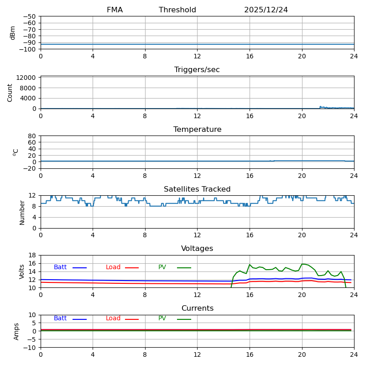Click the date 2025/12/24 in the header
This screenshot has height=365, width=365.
(x=266, y=10)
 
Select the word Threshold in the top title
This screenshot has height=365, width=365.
(x=177, y=10)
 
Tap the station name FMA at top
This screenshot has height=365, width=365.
(x=115, y=10)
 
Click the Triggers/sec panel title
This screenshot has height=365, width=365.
(x=197, y=70)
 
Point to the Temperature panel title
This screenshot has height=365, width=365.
(x=197, y=130)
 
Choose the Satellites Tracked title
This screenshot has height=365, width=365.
(x=197, y=189)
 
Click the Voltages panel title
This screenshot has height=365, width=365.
(x=197, y=249)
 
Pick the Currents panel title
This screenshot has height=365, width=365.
(x=197, y=308)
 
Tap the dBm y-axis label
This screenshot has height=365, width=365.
(x=13, y=32)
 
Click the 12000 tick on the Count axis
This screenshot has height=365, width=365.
(x=26, y=78)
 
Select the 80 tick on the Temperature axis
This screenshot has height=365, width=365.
(x=32, y=136)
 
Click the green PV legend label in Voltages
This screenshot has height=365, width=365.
(x=162, y=267)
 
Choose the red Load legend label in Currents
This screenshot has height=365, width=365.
(x=113, y=318)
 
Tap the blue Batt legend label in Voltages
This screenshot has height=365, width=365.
(x=60, y=267)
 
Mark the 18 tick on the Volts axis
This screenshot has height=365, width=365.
(x=32, y=255)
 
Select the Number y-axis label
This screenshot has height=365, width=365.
(x=22, y=212)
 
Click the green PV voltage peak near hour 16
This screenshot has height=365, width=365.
(x=250, y=265)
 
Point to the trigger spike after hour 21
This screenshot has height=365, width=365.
(x=320, y=107)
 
